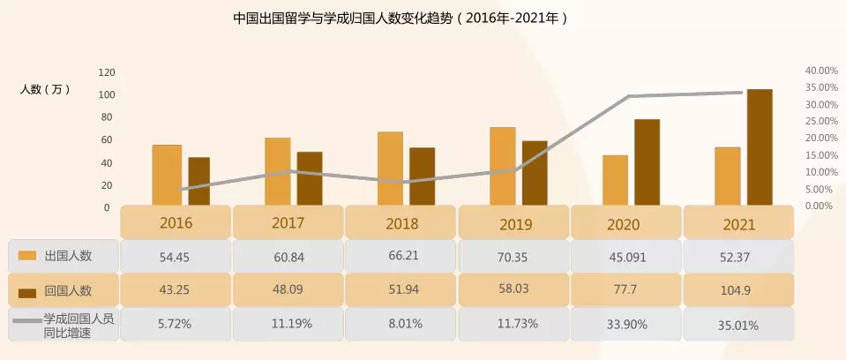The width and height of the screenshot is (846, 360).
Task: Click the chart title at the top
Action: click(400, 17)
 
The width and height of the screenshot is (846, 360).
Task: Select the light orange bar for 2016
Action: click(167, 175)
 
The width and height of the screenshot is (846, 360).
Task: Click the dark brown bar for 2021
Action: click(760, 147)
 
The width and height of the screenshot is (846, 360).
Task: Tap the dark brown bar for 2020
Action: click(647, 162)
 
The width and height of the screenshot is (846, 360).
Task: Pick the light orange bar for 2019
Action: click(503, 166)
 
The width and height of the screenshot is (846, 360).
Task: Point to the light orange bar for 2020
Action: click(616, 180)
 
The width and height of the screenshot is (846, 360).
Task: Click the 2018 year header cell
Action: click(401, 223)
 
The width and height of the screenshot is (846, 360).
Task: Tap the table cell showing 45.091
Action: click(626, 257)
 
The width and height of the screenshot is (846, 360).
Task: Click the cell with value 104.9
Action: click(739, 289)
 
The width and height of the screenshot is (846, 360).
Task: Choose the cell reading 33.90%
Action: click(626, 324)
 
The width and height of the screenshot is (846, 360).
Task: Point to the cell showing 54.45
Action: click(175, 257)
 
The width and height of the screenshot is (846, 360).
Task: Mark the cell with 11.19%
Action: click(288, 324)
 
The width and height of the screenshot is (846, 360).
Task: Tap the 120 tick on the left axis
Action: click(108, 71)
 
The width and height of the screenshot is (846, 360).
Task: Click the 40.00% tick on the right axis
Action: click(820, 71)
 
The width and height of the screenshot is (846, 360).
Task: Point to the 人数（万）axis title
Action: click(45, 90)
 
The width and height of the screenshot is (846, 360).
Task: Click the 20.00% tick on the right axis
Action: click(820, 139)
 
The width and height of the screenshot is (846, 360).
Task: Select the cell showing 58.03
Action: click(514, 289)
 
